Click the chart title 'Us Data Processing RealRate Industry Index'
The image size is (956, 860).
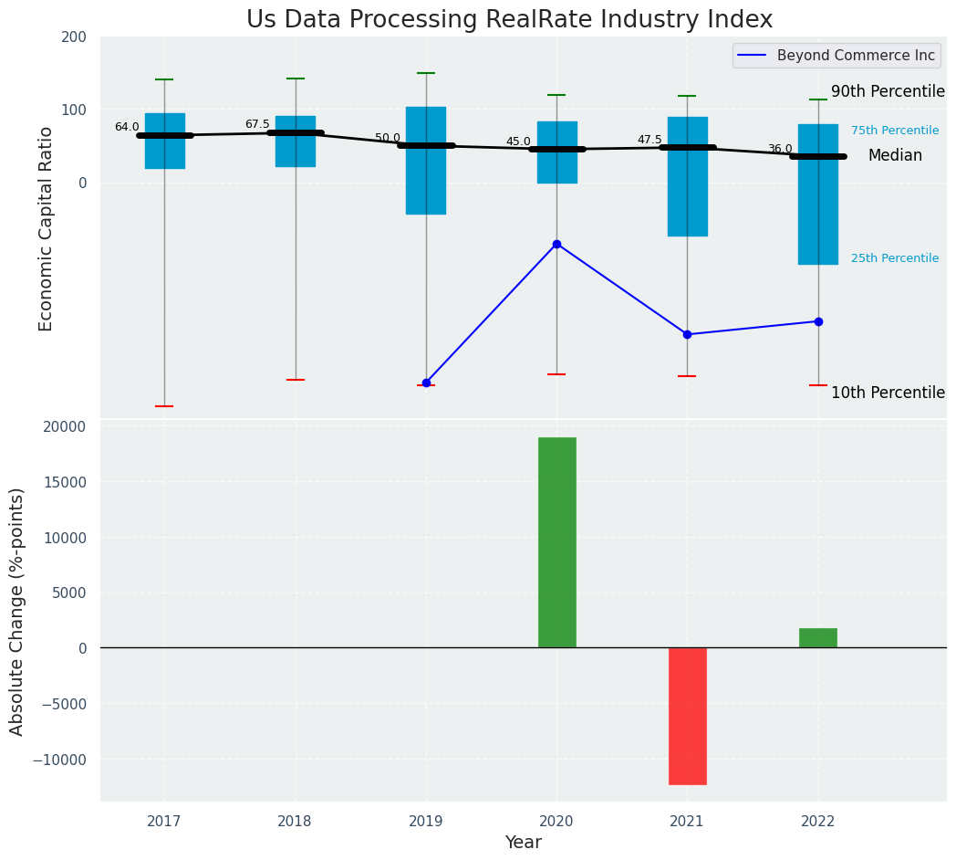click(509, 20)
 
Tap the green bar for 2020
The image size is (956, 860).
click(556, 542)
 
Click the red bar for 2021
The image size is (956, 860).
click(687, 716)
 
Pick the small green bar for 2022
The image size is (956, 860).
click(817, 638)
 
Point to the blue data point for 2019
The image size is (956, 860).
click(426, 383)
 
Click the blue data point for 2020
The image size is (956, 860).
click(556, 244)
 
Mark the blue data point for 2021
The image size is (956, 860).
click(687, 334)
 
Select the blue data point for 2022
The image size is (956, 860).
click(818, 321)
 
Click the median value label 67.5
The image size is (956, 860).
click(257, 125)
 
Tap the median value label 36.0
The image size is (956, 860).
click(780, 150)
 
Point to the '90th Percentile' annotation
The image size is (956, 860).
click(887, 92)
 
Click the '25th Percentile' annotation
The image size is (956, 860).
click(894, 258)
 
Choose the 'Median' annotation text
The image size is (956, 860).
click(894, 156)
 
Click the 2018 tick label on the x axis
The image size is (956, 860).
click(295, 822)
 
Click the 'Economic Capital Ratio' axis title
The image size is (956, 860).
click(47, 228)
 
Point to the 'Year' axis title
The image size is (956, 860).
click(523, 843)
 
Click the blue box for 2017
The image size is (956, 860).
click(164, 142)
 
